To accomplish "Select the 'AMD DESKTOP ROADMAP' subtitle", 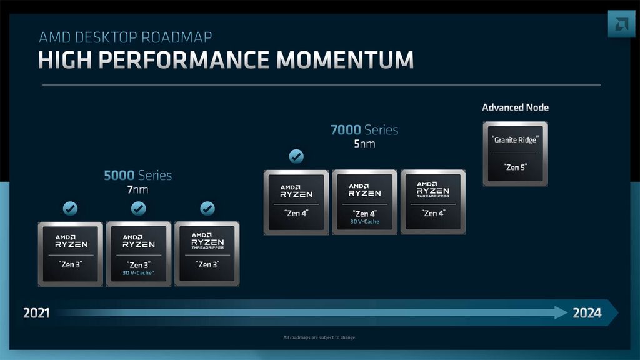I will (125, 37).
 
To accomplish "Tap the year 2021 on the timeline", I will (36, 313).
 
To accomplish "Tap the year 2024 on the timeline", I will (587, 313).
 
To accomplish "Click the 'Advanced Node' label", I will (515, 107).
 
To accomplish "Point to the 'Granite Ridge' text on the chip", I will (515, 140).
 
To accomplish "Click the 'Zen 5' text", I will (515, 167).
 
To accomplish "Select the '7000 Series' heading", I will (364, 131).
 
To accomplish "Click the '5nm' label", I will (364, 144).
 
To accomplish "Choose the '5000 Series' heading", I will (137, 176).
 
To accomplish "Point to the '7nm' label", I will (137, 190).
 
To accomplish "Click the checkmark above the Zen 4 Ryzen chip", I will (296, 156).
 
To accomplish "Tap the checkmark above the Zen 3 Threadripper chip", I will (207, 208).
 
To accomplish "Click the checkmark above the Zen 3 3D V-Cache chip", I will (138, 208).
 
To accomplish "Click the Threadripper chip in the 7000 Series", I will (432, 202).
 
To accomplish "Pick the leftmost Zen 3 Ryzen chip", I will (70, 254).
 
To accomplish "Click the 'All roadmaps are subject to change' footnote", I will (319, 338).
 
